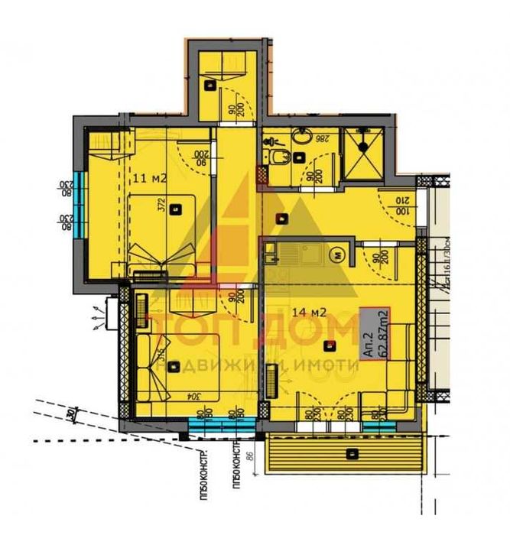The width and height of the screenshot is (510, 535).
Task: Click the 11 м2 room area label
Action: click(150, 177)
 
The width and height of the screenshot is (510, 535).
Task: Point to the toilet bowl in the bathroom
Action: click(278, 157)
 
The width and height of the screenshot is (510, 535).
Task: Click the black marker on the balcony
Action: click(351, 454)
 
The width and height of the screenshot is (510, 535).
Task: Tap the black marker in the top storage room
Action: click(210, 87)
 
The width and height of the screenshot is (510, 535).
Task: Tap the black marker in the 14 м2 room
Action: click(330, 345)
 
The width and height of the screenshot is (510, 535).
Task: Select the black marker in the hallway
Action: click(284, 219)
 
